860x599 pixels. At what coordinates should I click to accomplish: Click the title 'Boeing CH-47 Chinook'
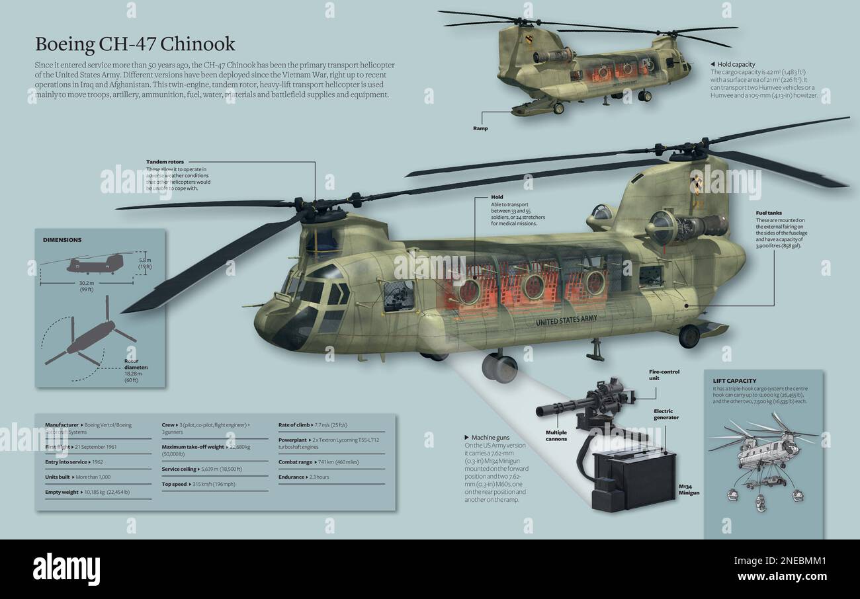(135, 44)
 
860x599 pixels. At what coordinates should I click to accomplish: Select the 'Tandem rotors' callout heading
(165, 161)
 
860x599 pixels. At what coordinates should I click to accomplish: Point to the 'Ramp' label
(480, 128)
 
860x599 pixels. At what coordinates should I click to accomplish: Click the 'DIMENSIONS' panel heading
(62, 240)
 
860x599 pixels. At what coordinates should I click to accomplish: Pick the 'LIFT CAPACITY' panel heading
(734, 381)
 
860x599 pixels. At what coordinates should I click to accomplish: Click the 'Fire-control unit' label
(664, 375)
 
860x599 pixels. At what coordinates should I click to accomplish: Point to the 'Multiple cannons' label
(556, 435)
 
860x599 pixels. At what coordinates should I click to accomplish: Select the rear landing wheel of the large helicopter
(689, 336)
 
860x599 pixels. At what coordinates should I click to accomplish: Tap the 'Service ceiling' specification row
(202, 469)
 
